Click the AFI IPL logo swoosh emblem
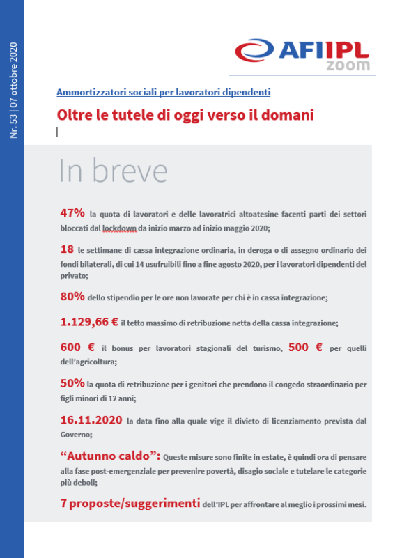255,51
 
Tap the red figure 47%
73,212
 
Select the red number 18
68,249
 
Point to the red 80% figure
73,296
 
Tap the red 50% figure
72,383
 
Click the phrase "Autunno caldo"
110,456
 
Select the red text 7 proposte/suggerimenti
137,504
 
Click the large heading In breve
112,171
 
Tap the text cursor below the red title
57,131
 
